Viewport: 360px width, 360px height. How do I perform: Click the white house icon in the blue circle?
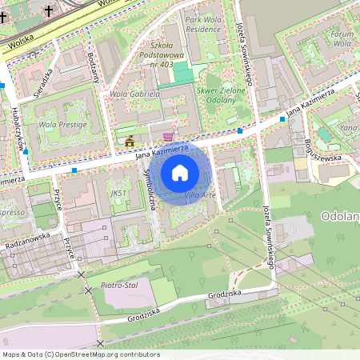pos(179,172)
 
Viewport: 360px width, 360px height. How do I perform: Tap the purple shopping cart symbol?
pos(167,137)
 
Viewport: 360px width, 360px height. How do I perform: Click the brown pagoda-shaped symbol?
pos(130,142)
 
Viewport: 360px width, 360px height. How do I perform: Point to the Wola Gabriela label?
pos(135,94)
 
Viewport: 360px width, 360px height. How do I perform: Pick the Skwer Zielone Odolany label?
pos(215,95)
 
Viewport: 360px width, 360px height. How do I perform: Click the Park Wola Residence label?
pos(202,23)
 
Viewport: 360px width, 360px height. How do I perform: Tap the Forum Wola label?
pos(342,39)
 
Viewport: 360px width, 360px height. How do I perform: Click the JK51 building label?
pos(119,193)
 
